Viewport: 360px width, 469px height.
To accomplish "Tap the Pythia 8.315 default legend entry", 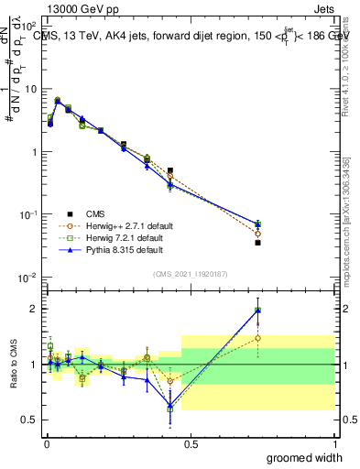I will [112, 249].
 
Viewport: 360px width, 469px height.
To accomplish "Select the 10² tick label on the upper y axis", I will [28, 27].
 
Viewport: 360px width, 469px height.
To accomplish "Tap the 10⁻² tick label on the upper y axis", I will [28, 277].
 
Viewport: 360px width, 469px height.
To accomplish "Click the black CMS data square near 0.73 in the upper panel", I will [257, 243].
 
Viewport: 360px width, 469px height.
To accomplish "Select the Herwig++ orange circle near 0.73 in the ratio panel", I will [257, 338].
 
